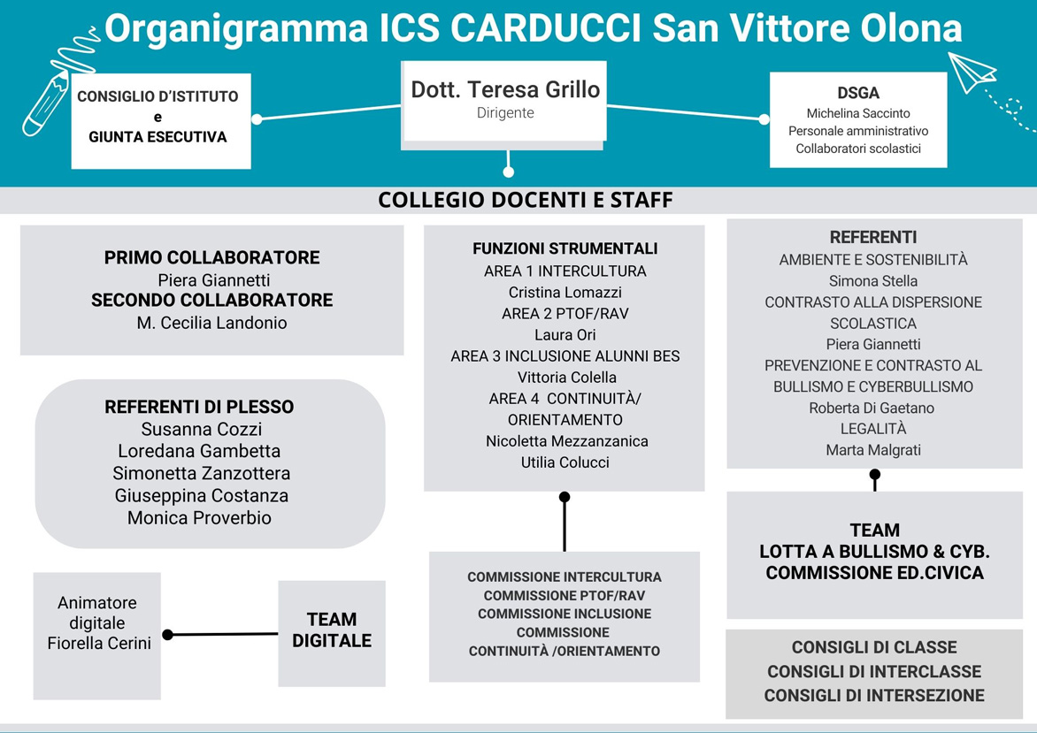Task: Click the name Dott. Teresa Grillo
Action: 505,89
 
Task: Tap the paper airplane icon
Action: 972,72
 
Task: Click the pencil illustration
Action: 46,103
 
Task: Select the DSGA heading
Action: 857,93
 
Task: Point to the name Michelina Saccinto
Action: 857,113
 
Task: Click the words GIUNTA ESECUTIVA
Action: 157,137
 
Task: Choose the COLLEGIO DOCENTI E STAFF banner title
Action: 525,200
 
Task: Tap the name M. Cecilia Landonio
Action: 211,323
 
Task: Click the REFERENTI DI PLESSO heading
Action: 199,407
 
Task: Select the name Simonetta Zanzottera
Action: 201,473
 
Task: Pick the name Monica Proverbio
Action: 199,517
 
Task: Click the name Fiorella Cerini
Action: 99,643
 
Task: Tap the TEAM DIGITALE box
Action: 331,633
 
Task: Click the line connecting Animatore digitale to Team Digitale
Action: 223,635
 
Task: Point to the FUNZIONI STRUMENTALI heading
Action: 565,248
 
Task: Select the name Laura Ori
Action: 565,334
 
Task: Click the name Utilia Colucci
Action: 565,462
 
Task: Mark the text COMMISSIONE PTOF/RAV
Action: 565,596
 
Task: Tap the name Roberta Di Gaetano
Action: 872,408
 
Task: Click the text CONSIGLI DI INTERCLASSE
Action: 874,671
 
